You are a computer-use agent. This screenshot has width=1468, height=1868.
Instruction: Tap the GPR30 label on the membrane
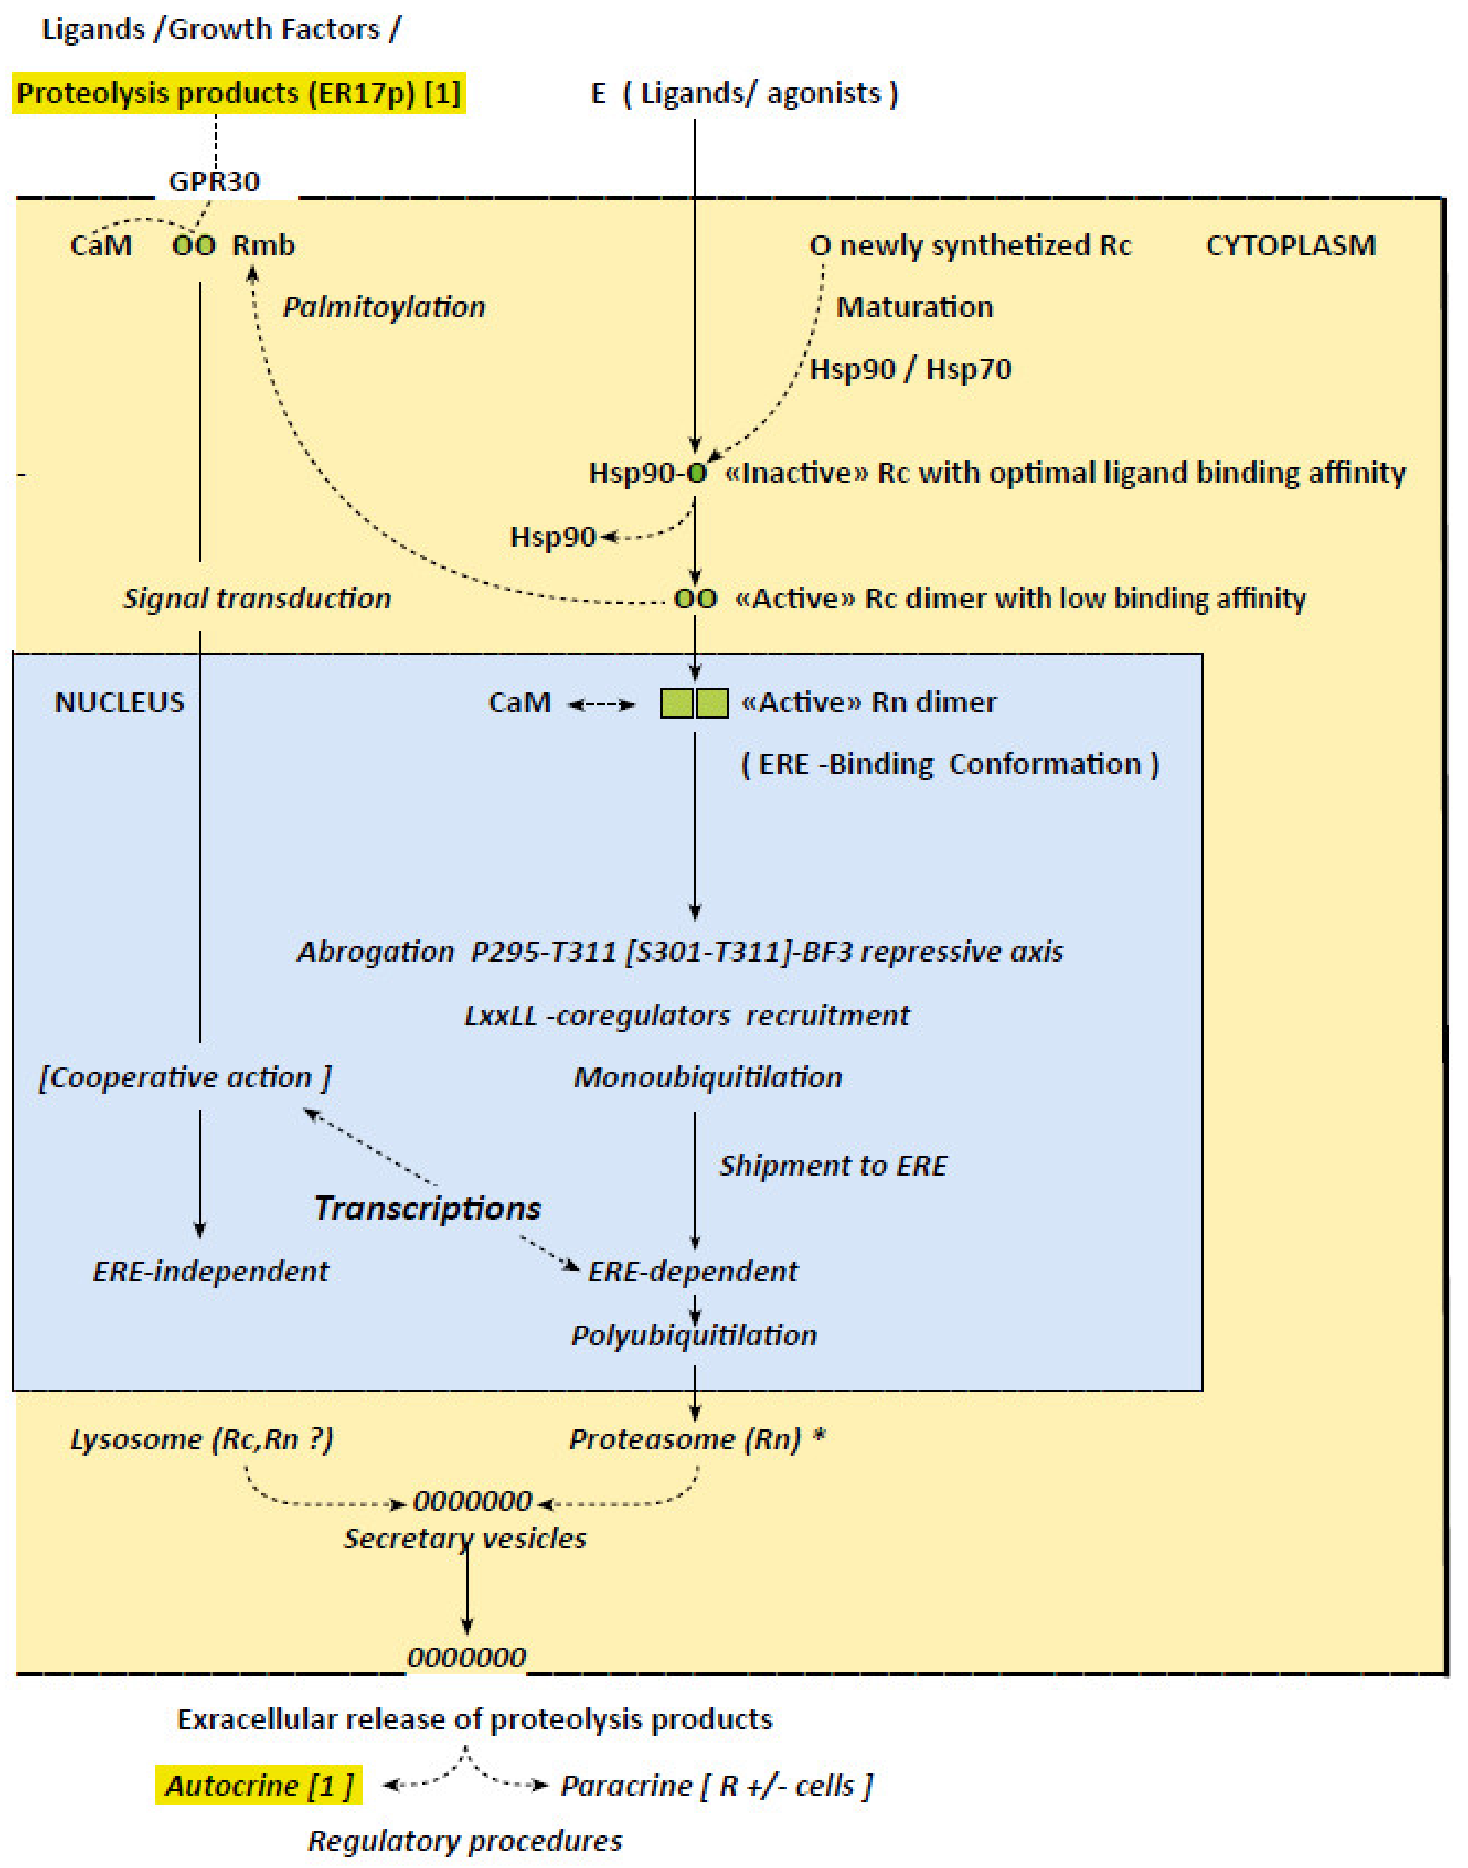[x=214, y=181]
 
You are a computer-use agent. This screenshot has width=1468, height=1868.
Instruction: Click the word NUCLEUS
[x=119, y=702]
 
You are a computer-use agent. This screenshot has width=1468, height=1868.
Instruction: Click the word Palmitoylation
[x=384, y=307]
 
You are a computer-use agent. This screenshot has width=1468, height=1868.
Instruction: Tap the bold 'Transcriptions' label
[x=427, y=1208]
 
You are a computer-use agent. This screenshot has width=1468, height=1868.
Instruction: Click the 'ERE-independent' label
[x=211, y=1271]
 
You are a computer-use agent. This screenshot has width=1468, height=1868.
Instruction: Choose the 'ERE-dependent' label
[x=693, y=1271]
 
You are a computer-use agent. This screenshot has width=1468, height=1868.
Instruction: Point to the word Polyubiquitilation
[x=694, y=1335]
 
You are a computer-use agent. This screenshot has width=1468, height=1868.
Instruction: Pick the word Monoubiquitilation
[x=708, y=1077]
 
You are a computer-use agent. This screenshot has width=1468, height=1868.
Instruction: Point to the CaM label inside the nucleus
[x=519, y=702]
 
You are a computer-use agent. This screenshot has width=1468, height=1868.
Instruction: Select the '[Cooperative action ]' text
[x=185, y=1077]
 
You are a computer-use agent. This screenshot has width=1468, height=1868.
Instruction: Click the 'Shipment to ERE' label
[x=833, y=1166]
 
